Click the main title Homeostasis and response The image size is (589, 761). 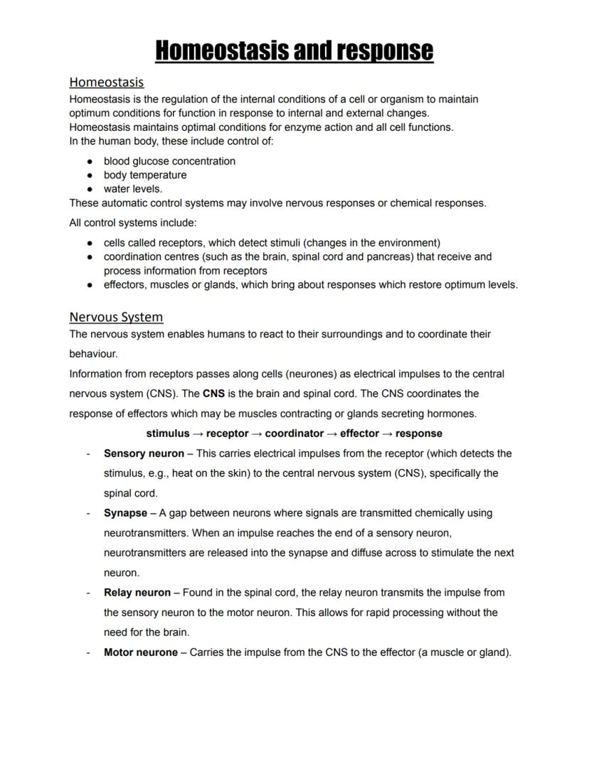(294, 50)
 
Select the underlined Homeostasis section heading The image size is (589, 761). (106, 82)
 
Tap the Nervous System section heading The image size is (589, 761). (116, 317)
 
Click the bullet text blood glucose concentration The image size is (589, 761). (169, 161)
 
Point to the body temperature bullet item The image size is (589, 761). (145, 175)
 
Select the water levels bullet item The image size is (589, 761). (133, 189)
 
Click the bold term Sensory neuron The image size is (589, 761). (144, 453)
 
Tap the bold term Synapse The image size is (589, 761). (125, 513)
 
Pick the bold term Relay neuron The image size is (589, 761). (137, 593)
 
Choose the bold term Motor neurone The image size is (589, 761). (141, 652)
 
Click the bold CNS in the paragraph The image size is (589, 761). (213, 394)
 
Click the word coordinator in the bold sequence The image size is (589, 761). (294, 433)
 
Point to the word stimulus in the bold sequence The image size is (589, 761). (168, 433)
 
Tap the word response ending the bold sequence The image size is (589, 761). (418, 433)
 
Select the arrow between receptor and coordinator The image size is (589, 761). (257, 433)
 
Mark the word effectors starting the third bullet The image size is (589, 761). (125, 285)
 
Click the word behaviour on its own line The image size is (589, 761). (93, 354)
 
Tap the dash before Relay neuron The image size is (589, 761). (87, 593)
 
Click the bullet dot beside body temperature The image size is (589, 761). (90, 176)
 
